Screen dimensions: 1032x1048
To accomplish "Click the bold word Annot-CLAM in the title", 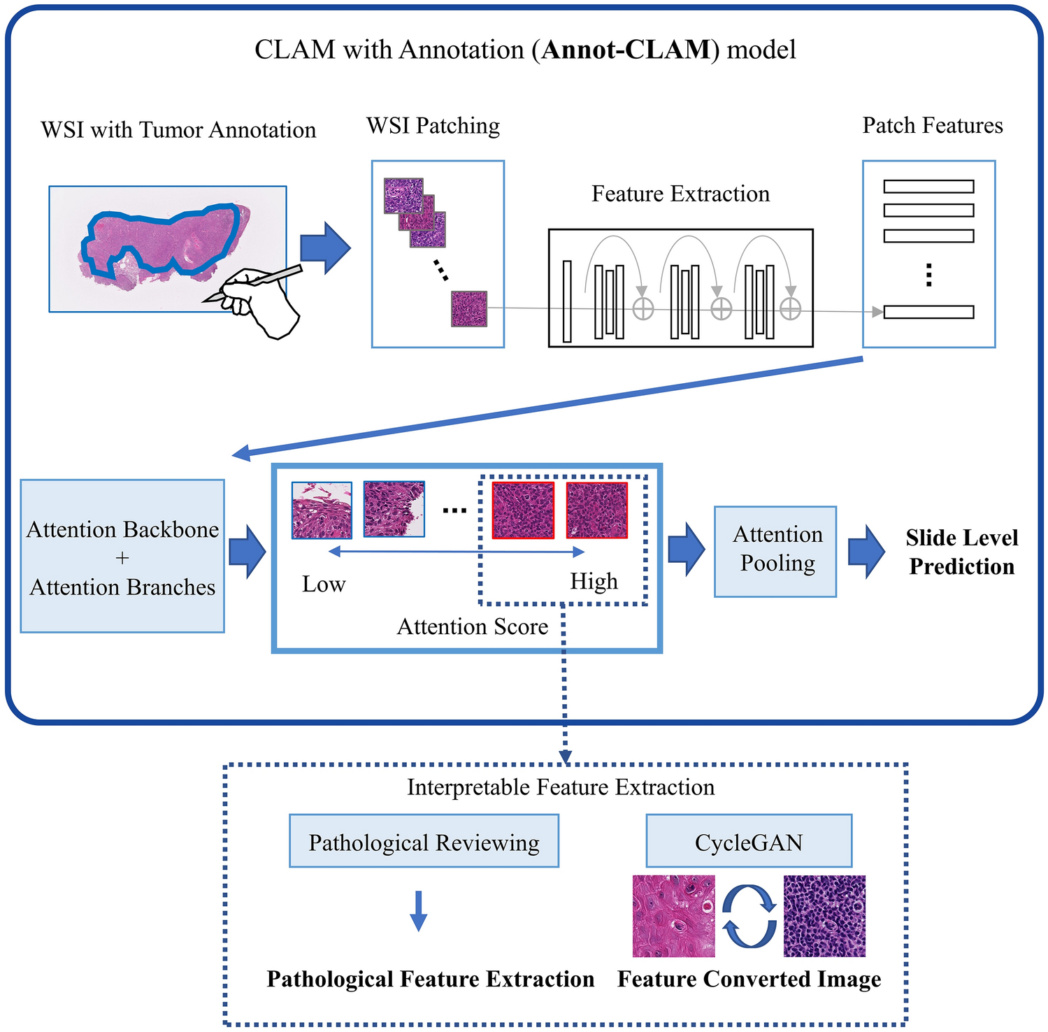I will pos(626,50).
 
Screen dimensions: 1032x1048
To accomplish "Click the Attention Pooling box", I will pos(775,552).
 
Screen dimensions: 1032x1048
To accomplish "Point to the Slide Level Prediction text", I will pos(961,552).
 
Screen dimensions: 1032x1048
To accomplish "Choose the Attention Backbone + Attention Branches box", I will pos(122,557).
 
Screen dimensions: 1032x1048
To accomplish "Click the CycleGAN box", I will pos(749,841).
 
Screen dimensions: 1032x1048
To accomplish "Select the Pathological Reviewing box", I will pos(424,841).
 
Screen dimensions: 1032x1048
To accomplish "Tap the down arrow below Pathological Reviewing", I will pos(418,910).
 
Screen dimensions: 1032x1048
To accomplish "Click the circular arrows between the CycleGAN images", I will pos(749,916).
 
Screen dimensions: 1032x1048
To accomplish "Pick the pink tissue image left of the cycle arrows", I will pos(673,916).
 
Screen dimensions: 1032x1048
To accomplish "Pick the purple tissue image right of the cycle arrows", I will pos(825,916).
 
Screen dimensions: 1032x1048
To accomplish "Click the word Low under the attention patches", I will pos(324,584).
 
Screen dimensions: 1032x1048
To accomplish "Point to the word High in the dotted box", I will pos(594,581).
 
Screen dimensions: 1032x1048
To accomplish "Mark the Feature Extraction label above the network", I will pos(680,194).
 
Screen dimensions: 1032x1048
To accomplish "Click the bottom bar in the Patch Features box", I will pos(928,312).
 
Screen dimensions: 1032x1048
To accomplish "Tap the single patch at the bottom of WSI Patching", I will pos(468,309).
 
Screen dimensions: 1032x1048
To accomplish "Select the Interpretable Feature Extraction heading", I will pos(561,787).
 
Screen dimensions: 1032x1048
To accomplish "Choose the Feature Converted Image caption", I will pos(749,979).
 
